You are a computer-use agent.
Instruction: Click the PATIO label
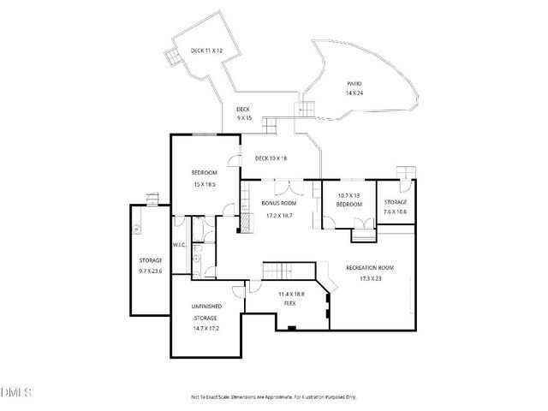[354, 83]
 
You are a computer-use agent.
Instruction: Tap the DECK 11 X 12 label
[206, 51]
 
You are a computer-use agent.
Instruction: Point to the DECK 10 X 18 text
[271, 158]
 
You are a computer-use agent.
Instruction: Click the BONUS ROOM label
[278, 204]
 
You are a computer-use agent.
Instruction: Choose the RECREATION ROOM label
[369, 268]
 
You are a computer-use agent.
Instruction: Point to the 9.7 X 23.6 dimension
[150, 271]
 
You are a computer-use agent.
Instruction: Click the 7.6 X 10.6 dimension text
[395, 211]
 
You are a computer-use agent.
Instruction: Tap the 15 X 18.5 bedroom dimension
[204, 184]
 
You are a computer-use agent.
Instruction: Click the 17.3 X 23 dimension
[369, 278]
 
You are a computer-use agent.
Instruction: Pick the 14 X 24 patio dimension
[354, 92]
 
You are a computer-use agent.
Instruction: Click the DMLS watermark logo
[15, 392]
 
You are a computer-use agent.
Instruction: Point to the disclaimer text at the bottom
[273, 397]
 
